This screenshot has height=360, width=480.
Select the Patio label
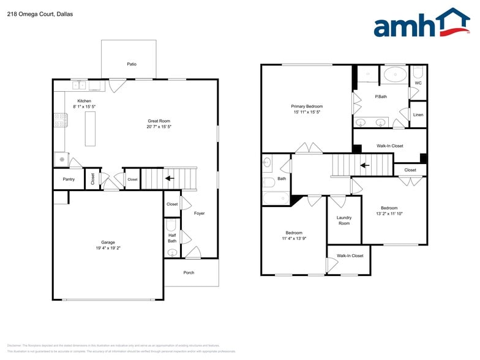pos(132,64)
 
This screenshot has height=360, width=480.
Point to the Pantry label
pos(69,179)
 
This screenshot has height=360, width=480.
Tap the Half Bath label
pos(172,238)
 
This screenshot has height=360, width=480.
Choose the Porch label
pos(189,272)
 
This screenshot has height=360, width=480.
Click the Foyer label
pos(200,213)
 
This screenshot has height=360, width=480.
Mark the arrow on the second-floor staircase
pos(364,165)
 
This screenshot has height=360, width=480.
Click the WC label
pos(418,83)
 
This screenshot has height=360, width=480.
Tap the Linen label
pos(418,115)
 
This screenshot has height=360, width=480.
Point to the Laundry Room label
pos(344,220)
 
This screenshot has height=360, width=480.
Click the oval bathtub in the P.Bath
pos(395,75)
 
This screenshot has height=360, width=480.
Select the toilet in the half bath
pos(172,252)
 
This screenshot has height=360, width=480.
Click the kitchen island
pos(90,128)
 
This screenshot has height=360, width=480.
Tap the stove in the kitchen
pos(61,120)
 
